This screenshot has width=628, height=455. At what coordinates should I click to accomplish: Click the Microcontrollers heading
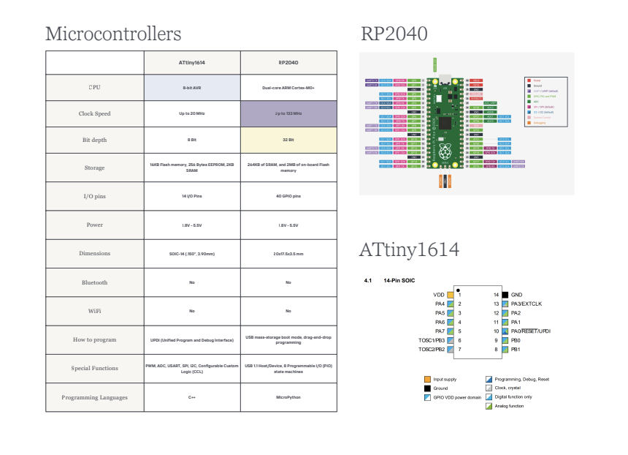point(113,34)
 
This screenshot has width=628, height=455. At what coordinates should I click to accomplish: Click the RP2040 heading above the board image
point(394,34)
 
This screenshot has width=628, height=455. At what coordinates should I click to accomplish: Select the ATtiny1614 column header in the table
point(192,63)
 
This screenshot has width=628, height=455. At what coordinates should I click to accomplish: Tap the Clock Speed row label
point(94,114)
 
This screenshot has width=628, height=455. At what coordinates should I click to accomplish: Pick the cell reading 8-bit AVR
point(192,87)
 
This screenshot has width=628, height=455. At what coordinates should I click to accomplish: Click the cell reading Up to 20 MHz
point(192,114)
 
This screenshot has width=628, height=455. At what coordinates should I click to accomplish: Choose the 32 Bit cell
point(288,140)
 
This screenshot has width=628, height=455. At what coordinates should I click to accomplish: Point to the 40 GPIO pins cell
point(288,197)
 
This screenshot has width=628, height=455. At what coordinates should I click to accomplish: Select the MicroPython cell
point(288,397)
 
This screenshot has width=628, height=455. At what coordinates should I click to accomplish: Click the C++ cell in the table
point(192,397)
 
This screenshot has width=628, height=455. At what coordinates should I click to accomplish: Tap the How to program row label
point(94,340)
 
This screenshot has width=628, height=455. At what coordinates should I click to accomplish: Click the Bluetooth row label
point(94,282)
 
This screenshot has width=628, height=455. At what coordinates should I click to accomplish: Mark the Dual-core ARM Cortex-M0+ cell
point(288,87)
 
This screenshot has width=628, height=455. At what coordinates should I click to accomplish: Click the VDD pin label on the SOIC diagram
point(438,294)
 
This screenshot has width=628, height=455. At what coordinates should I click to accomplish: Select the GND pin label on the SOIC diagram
point(517,294)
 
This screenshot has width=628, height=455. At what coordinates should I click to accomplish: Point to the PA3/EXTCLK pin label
point(526,304)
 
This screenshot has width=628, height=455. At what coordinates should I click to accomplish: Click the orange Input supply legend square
point(427,379)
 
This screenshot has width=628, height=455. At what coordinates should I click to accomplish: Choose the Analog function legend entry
point(509,405)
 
